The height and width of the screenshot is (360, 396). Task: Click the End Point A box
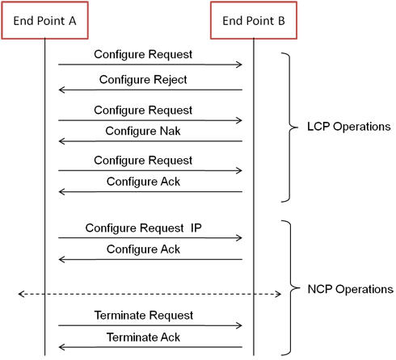pos(44,20)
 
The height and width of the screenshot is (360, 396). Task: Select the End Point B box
pos(254,20)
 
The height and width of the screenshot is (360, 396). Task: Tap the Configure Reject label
pos(143,80)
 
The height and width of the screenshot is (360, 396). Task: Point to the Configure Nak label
pos(143,131)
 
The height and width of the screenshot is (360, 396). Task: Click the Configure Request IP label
pos(143,228)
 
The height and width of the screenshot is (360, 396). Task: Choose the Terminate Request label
pos(144,316)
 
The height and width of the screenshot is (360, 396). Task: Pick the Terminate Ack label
pos(143,337)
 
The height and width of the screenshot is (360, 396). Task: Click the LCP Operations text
pos(349,127)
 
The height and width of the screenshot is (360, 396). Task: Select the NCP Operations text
pos(350,289)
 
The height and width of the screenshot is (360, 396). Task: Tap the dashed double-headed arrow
pos(150,294)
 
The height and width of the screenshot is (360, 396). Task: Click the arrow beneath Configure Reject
pos(150,90)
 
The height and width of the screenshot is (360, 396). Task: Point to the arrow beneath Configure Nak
pos(150,141)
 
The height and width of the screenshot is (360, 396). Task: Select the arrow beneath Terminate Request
pos(150,325)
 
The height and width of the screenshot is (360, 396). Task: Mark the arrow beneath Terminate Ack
pos(150,347)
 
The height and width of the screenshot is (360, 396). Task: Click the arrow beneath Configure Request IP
pos(150,238)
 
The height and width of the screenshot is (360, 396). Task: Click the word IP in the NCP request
pos(196,228)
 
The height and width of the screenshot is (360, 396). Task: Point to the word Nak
pos(171,131)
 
